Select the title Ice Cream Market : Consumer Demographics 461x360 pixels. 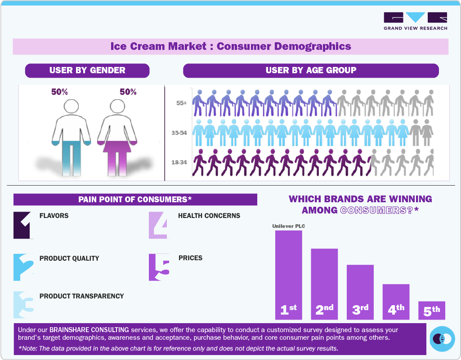point(230,46)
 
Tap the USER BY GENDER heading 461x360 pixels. point(87,71)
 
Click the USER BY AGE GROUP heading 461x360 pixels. point(311,71)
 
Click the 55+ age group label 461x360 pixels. point(182,103)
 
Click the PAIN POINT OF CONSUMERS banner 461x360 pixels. point(135,200)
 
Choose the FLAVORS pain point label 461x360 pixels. point(54,216)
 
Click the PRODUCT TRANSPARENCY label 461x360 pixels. point(81,296)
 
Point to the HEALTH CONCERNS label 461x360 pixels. point(209,216)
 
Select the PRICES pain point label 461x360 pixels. point(190,258)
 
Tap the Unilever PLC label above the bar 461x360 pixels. point(288,226)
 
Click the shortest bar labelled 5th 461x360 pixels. point(432,310)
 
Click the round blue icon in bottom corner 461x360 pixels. point(442,338)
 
